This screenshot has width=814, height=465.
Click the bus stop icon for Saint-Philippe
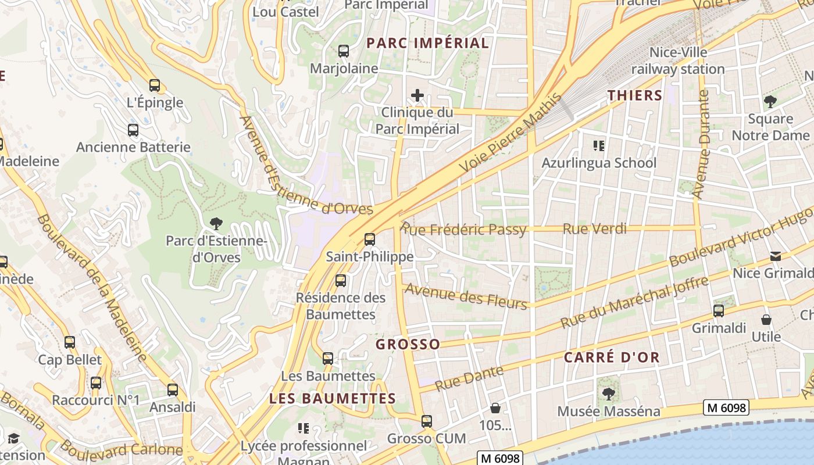click(x=369, y=239)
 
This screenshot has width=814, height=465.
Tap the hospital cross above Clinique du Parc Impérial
click(x=417, y=95)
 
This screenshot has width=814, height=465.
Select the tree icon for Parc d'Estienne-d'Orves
click(x=216, y=223)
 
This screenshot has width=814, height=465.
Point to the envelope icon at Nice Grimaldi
click(x=775, y=256)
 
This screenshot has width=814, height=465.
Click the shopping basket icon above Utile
click(x=766, y=320)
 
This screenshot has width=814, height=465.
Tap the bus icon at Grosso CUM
click(x=427, y=421)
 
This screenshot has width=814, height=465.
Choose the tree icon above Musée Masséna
click(x=608, y=394)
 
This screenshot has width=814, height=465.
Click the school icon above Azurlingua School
click(x=598, y=145)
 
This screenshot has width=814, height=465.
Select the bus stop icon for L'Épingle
click(x=155, y=85)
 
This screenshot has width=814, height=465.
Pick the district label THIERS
click(x=635, y=95)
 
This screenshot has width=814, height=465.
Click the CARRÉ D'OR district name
click(x=612, y=357)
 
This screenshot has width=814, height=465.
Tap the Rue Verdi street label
click(x=595, y=229)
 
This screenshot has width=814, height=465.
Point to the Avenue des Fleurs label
click(x=466, y=296)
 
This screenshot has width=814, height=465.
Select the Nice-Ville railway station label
click(x=678, y=60)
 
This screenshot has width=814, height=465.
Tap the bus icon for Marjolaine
click(x=344, y=51)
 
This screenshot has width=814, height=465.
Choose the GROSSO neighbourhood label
click(x=408, y=344)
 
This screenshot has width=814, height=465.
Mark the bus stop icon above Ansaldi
click(x=173, y=389)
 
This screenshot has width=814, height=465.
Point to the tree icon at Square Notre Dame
click(x=770, y=102)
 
